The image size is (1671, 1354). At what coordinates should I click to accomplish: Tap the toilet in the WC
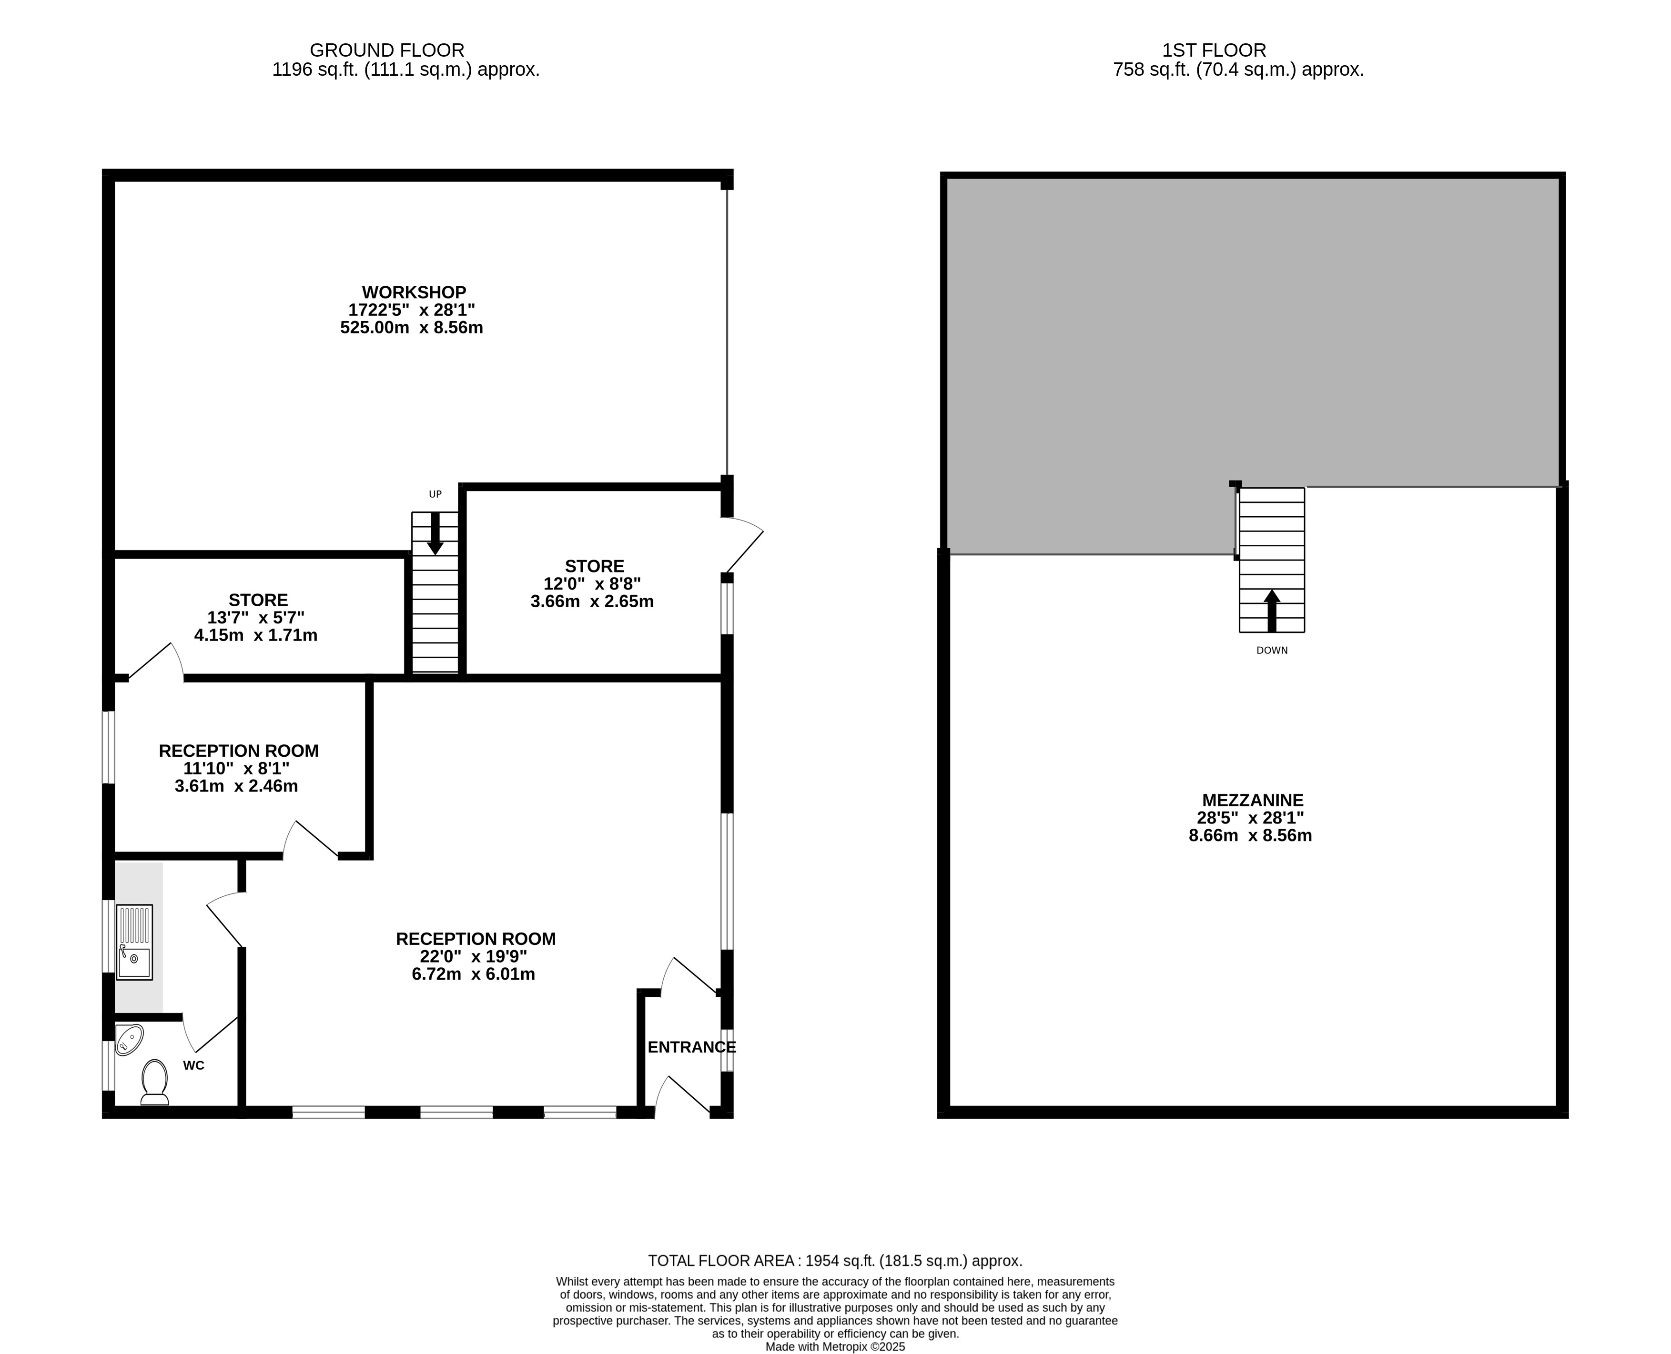[154, 1082]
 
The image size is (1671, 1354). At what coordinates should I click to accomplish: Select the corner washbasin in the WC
[128, 1040]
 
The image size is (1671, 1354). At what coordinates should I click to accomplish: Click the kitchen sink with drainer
[134, 942]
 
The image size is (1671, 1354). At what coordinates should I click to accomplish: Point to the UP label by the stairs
[435, 494]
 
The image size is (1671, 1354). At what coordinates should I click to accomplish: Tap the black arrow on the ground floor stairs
[435, 533]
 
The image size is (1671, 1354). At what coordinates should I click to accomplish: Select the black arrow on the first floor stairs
[1272, 611]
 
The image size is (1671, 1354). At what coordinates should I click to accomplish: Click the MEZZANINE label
[1252, 800]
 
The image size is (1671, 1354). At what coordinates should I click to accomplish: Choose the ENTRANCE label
[691, 1047]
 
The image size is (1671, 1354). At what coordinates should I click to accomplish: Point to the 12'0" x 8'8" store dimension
[592, 583]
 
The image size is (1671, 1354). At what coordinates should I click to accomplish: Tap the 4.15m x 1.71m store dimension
[256, 635]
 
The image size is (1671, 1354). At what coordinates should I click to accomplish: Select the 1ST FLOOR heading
[1214, 50]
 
